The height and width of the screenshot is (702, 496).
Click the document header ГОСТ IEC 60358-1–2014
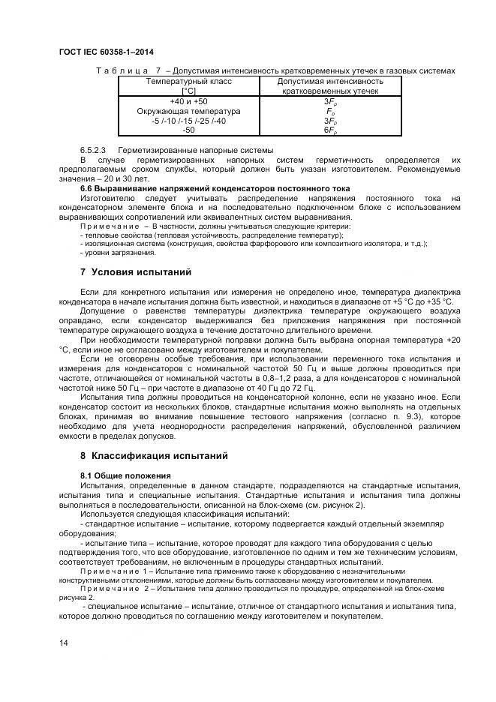click(x=106, y=51)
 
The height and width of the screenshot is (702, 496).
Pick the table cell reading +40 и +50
click(x=189, y=101)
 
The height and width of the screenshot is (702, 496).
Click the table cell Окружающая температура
click(x=189, y=111)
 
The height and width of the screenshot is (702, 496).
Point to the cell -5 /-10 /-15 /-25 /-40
click(x=189, y=120)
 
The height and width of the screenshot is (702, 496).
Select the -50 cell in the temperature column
click(x=189, y=129)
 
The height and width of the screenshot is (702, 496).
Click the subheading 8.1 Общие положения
click(x=125, y=475)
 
